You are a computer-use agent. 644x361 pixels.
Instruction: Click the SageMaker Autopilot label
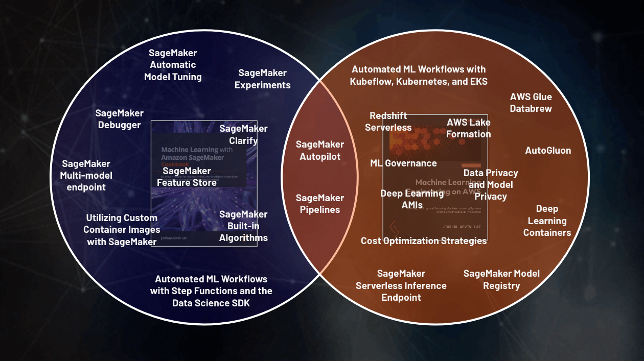(320, 151)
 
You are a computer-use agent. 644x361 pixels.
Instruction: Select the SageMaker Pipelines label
(320, 204)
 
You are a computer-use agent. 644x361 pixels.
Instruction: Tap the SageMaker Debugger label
(119, 119)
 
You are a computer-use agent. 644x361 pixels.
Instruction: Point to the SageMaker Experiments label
(263, 79)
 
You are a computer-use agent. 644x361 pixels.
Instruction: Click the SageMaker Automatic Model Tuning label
(173, 65)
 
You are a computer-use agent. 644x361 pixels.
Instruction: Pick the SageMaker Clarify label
(243, 134)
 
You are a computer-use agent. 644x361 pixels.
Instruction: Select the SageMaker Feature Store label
(187, 177)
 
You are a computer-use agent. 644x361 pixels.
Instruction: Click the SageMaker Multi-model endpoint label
(86, 176)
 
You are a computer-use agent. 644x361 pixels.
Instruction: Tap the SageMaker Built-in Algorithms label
(243, 226)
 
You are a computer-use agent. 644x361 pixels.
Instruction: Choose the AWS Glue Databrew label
(531, 102)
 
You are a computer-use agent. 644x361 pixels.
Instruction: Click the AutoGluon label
(548, 151)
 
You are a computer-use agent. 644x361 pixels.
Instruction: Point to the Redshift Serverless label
(388, 122)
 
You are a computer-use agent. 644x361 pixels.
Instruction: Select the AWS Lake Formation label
(469, 128)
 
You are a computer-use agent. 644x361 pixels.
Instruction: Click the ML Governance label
(403, 163)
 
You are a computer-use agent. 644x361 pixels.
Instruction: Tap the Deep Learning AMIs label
(412, 199)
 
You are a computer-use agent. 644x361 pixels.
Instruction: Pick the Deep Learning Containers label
(547, 221)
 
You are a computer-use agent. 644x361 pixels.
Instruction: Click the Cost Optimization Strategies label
(424, 240)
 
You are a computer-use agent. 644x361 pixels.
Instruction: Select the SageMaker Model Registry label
(501, 279)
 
